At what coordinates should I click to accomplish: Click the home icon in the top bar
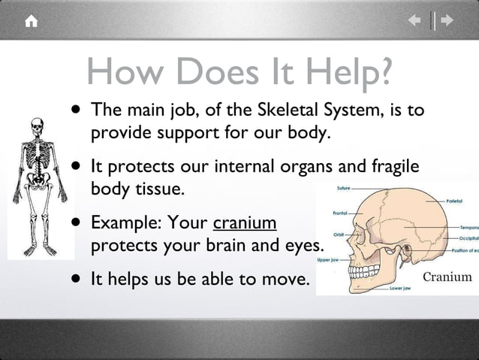(31, 21)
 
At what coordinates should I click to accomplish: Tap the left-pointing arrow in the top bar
(414, 21)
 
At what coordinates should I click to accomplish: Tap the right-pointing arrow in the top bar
(448, 21)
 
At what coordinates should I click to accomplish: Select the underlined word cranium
(246, 224)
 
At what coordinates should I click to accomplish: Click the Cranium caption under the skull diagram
(447, 277)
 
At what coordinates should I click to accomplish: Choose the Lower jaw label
(399, 288)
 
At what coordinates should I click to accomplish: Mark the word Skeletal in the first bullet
(289, 110)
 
